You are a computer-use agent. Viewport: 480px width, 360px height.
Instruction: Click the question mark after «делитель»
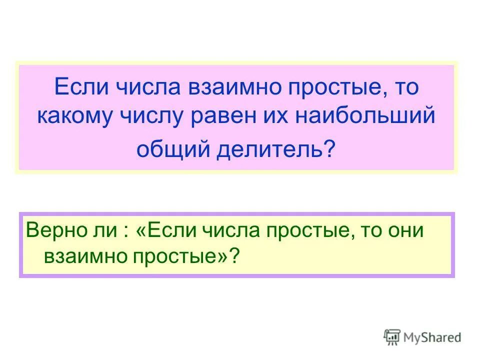coord(329,148)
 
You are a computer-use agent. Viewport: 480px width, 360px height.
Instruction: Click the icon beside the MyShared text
coord(391,337)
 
